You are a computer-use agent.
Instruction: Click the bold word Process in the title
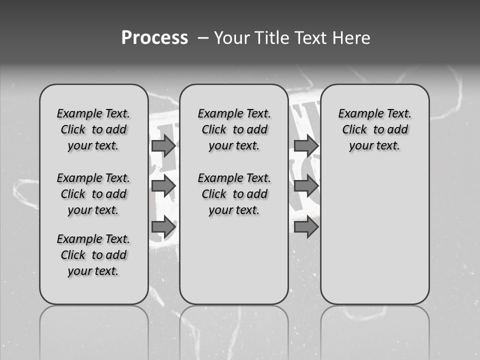pos(154,38)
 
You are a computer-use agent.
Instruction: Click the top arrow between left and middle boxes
pos(163,145)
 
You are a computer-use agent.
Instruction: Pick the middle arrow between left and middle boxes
pos(163,186)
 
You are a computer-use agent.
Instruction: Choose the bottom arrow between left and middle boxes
pos(163,226)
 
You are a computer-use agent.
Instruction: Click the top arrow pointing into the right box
pos(306,145)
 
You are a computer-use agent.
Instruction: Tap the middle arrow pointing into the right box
pos(306,186)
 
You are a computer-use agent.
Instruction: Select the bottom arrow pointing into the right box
pos(306,226)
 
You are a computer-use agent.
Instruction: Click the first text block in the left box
pos(93,129)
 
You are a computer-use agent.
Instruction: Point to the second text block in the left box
pos(93,194)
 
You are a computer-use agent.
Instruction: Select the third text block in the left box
pos(93,255)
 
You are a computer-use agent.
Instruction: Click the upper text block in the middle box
pos(234,129)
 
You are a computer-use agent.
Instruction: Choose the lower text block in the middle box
pos(234,194)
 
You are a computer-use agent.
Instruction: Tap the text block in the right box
pos(375,129)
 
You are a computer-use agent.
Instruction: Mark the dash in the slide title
pos(202,38)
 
